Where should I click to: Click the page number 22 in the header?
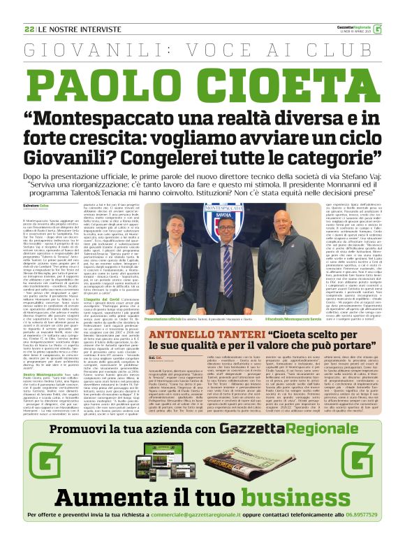point(29,29)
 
